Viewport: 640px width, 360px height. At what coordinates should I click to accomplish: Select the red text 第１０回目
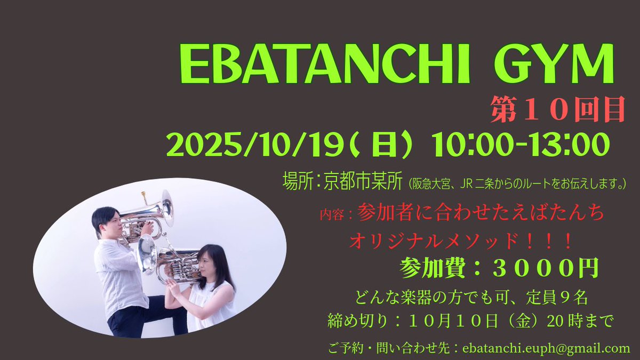557,111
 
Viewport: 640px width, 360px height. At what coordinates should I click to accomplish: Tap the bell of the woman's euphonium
146,254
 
